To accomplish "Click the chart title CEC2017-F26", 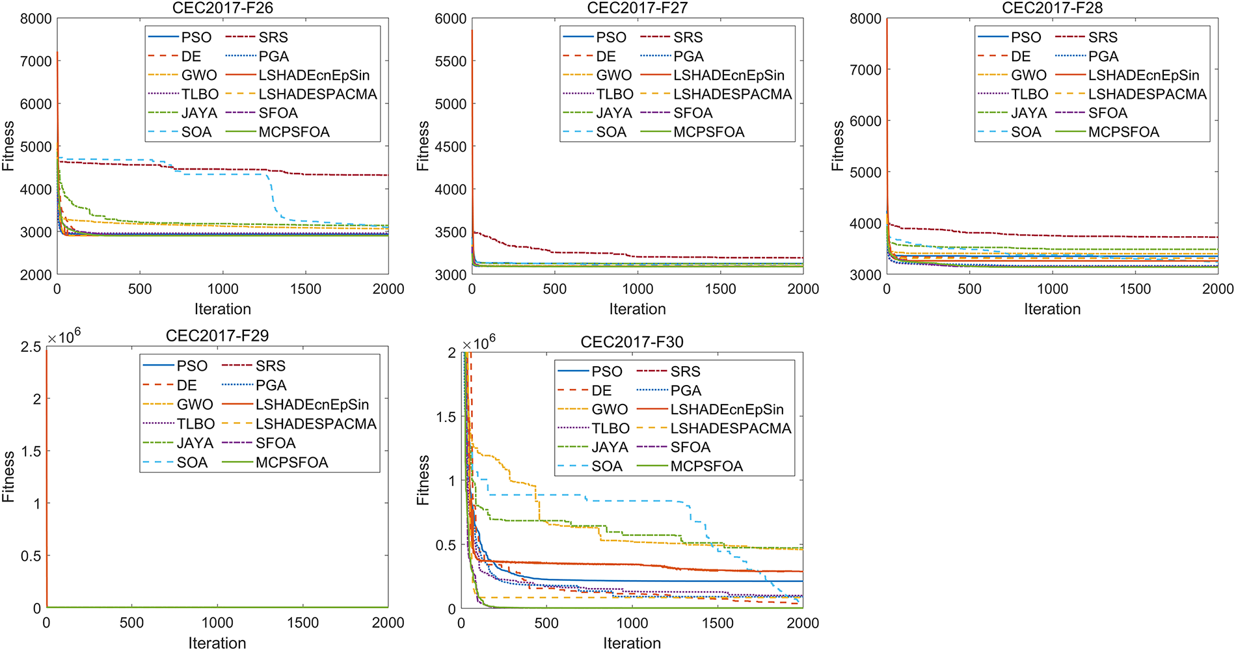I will click(x=222, y=8).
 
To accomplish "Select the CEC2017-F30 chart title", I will click(x=632, y=342).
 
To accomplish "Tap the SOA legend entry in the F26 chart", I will click(x=196, y=132).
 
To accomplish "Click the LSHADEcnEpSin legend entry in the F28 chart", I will click(x=1144, y=75).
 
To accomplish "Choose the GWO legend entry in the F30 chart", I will click(x=609, y=410).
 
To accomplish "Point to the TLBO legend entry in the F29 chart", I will click(x=195, y=424).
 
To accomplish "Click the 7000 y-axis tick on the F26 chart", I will click(x=36, y=61).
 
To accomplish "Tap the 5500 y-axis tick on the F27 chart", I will click(x=451, y=61).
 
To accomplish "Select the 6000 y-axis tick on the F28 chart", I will click(x=866, y=121).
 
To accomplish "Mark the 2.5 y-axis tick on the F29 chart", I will click(x=31, y=347).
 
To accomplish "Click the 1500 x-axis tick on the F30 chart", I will click(x=718, y=623).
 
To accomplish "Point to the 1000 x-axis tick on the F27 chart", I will click(x=638, y=289).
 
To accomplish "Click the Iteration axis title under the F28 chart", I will click(x=1052, y=309).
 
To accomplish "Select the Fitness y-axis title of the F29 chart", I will click(x=8, y=477).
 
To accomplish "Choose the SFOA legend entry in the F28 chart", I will click(x=1107, y=113).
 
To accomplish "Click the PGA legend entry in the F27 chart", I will click(x=688, y=57).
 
